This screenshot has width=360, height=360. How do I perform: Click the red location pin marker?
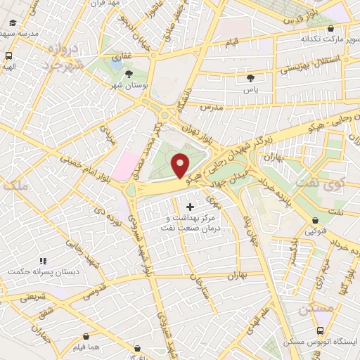[181, 165]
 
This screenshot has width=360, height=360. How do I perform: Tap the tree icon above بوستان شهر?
[128, 73]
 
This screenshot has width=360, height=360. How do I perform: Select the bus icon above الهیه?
[8, 56]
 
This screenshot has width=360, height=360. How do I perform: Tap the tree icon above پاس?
[251, 78]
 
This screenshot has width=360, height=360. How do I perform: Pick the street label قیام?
[232, 44]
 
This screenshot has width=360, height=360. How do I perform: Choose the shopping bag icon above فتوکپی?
[311, 219]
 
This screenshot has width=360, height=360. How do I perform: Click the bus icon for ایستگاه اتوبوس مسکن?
[321, 330]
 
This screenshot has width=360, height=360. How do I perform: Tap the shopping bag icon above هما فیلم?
[86, 337]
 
